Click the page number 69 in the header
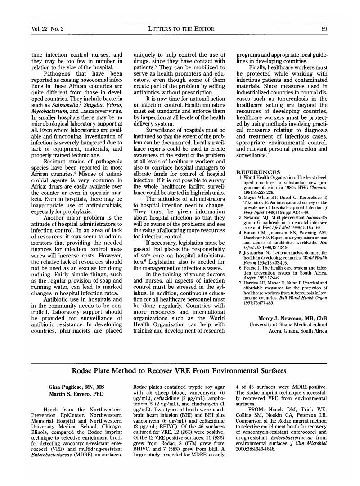pos(324,29)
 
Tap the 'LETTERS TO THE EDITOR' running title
pos(181,29)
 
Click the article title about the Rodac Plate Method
pos(179,371)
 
